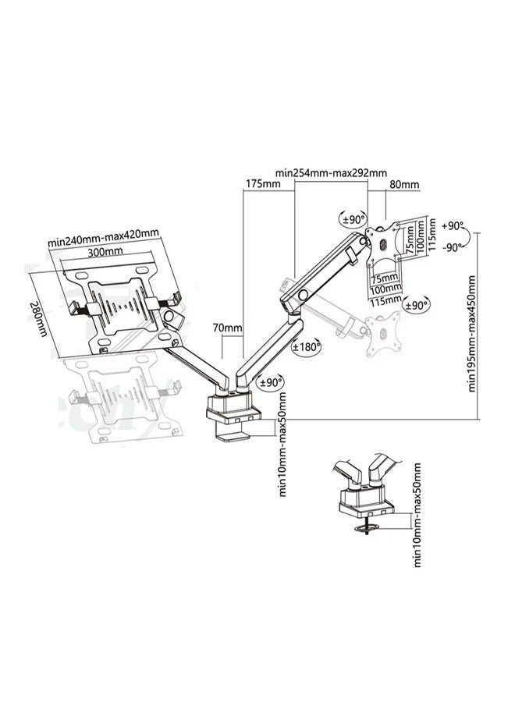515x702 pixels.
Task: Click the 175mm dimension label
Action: tap(263, 184)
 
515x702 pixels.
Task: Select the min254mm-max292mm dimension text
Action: tap(331, 172)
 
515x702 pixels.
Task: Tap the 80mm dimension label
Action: tap(404, 185)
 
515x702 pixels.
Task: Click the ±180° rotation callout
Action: tap(307, 348)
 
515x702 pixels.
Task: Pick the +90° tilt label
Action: tap(452, 225)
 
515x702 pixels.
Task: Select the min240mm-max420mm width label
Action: tap(103, 238)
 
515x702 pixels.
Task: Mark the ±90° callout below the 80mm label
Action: tap(353, 219)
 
